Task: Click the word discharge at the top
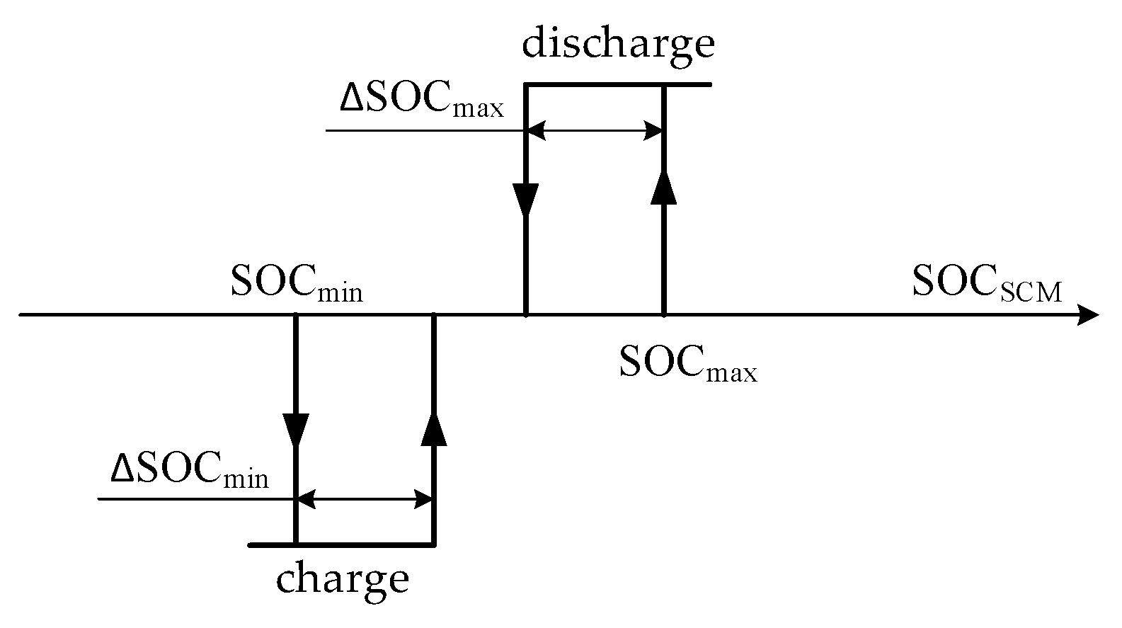pos(618,44)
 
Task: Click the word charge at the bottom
pos(343,579)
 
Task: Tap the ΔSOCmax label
pos(422,102)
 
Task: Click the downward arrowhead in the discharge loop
pos(526,200)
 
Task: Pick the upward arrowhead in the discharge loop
pos(664,187)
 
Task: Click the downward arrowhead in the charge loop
pos(296,429)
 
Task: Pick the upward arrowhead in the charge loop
pos(434,429)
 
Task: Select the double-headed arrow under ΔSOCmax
pos(595,131)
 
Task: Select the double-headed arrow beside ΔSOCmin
pos(365,500)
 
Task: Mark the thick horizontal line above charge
pos(342,545)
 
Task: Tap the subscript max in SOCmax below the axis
pos(732,372)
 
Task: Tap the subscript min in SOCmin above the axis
pos(340,292)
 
